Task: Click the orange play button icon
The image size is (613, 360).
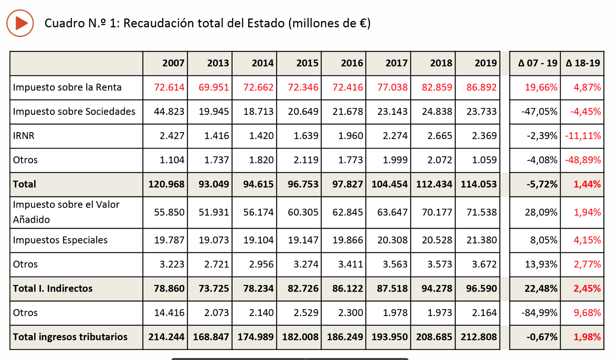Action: tap(20, 23)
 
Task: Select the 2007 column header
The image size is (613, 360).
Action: tap(173, 63)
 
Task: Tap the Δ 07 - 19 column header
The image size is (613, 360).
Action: tap(537, 63)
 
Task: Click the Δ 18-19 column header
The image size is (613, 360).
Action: tap(583, 63)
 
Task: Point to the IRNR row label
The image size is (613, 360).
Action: tap(24, 136)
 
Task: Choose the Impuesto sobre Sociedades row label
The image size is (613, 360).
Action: tap(74, 112)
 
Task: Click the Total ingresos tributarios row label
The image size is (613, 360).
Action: tap(70, 337)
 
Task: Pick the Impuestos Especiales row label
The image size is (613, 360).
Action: tap(60, 240)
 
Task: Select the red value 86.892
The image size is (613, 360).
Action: tap(481, 88)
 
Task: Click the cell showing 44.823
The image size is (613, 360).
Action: tap(169, 112)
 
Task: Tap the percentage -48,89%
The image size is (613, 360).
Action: tap(583, 160)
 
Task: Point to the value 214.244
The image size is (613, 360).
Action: tap(166, 337)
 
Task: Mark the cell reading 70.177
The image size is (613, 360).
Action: tap(437, 212)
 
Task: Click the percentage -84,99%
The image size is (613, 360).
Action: tap(539, 313)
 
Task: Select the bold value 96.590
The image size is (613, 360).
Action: tap(481, 289)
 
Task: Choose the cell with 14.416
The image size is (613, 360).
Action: tap(169, 313)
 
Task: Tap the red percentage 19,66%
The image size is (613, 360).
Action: tap(541, 88)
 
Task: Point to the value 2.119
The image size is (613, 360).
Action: tap(306, 160)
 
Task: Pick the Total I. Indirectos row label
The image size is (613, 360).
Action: tap(53, 289)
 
